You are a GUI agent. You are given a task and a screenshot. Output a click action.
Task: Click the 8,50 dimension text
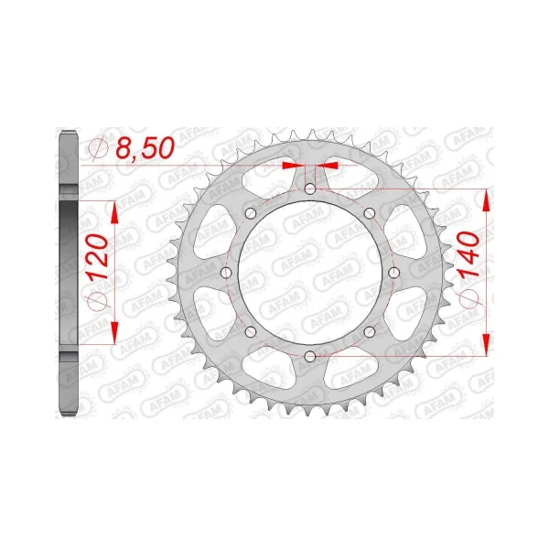coord(145,147)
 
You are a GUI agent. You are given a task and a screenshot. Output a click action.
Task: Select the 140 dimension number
coord(469,254)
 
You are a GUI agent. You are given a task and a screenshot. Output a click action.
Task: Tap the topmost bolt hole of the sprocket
coord(310,189)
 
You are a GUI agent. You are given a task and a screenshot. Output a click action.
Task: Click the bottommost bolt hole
coord(310,357)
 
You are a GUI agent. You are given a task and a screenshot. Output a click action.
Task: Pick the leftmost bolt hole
coord(227,273)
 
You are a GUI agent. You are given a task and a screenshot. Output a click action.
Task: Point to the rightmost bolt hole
coord(393,273)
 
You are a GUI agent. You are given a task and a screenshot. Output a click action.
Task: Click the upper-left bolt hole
coord(251,213)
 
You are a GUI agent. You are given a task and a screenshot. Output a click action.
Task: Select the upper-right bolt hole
coord(370,213)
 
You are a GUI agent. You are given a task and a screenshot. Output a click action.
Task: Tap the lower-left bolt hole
coord(251,332)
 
